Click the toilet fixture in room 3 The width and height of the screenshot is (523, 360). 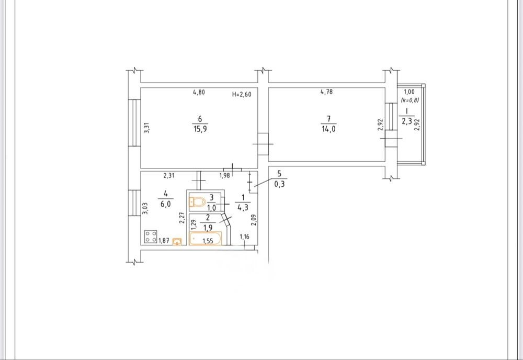pyautogui.click(x=198, y=202)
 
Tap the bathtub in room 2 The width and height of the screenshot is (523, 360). pyautogui.click(x=205, y=239)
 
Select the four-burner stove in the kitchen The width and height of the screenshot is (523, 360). pyautogui.click(x=151, y=237)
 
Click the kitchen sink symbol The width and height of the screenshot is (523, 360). pyautogui.click(x=177, y=241)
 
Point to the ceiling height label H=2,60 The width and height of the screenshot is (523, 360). pyautogui.click(x=242, y=94)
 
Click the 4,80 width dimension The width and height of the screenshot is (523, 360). pyautogui.click(x=199, y=92)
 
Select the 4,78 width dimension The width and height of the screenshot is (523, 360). pyautogui.click(x=326, y=92)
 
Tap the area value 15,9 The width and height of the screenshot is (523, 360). pyautogui.click(x=200, y=129)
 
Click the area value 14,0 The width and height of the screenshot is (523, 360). pyautogui.click(x=328, y=129)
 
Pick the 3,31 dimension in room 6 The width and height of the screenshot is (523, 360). pyautogui.click(x=146, y=128)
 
